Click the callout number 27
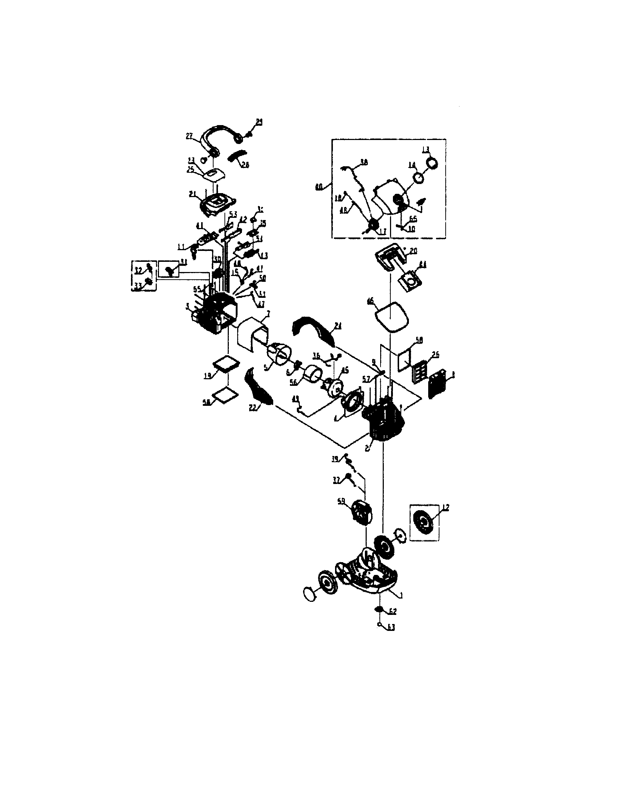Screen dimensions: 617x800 pos(190,136)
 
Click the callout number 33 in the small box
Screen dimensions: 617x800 pos(138,287)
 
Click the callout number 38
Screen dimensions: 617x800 pos(364,161)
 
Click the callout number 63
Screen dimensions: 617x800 pos(391,628)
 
